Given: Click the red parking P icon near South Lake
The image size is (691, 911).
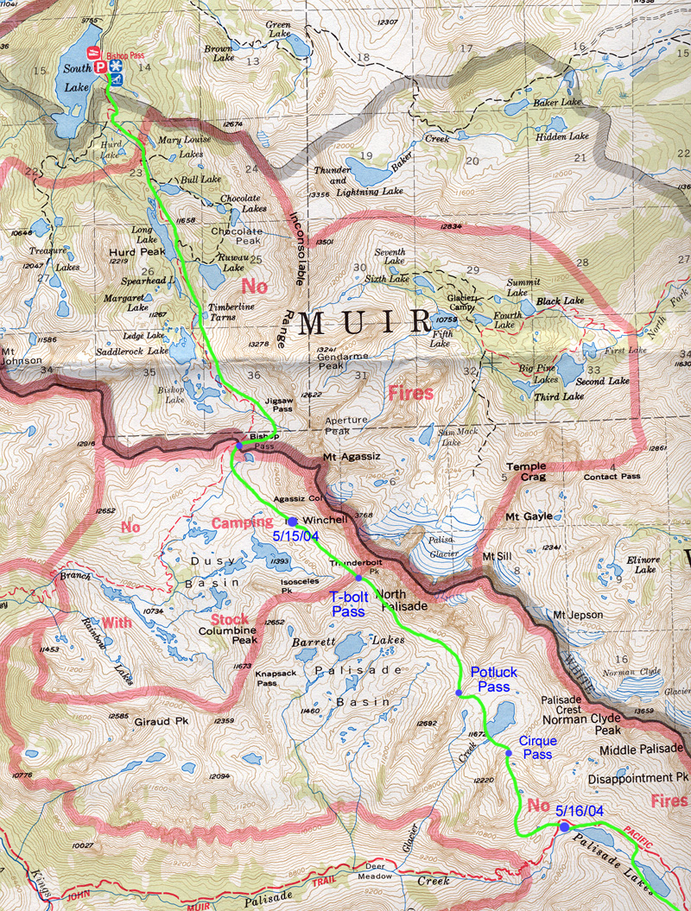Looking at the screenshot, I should pos(100,66).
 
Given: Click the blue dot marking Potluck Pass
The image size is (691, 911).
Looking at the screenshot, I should pos(459,693).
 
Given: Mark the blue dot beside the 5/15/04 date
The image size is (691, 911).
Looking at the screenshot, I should pos(292,522).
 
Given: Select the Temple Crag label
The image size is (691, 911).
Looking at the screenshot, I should pos(526,471).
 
